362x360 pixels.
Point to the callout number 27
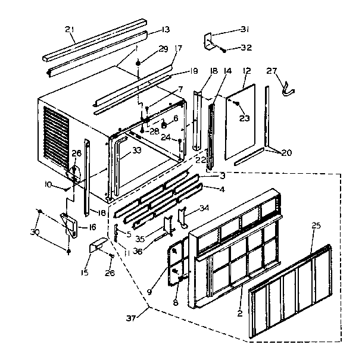(271, 71)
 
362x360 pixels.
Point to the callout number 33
(137, 151)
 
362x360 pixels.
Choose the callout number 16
(92, 227)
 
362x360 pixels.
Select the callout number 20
(286, 152)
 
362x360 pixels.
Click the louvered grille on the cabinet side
(57, 133)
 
